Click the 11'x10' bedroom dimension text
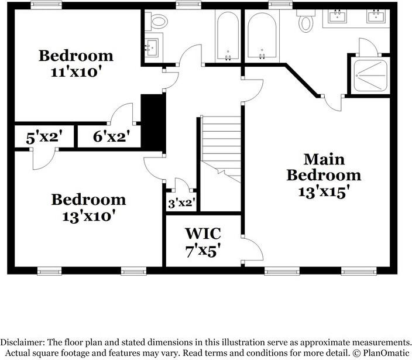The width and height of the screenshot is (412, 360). pyautogui.click(x=76, y=73)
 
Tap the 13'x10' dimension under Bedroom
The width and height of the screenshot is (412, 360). pyautogui.click(x=88, y=215)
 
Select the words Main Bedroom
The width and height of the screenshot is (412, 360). pyautogui.click(x=323, y=167)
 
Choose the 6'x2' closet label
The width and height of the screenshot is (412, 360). pyautogui.click(x=111, y=138)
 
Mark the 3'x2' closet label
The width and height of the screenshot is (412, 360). pyautogui.click(x=181, y=203)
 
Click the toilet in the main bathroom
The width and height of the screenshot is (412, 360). pyautogui.click(x=305, y=22)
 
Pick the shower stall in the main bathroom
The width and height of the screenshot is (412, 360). pyautogui.click(x=369, y=75)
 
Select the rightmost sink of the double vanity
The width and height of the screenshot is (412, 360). pyautogui.click(x=376, y=17)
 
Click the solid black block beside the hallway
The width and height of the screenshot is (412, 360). pyautogui.click(x=153, y=123)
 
